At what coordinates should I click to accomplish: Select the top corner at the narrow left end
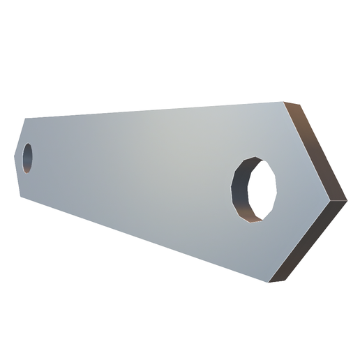(x=25, y=118)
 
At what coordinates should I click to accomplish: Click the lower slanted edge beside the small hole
(x=20, y=175)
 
